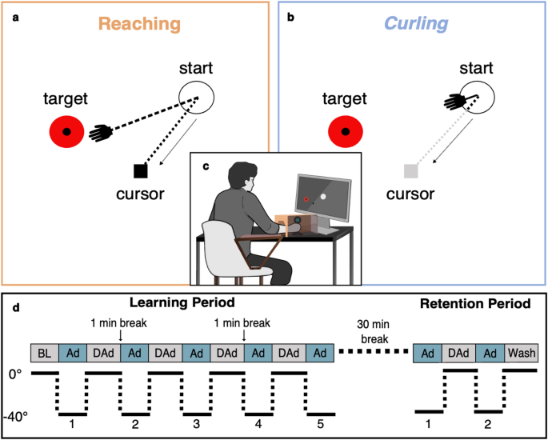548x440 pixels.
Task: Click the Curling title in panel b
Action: (x=415, y=23)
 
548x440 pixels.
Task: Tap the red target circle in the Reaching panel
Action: (x=66, y=132)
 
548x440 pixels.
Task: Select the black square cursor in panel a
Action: (x=140, y=170)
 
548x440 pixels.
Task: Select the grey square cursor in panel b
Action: (x=411, y=170)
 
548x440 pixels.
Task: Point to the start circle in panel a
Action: (x=197, y=98)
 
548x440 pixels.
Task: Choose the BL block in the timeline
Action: (x=45, y=353)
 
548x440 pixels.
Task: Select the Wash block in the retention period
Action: (x=521, y=353)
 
